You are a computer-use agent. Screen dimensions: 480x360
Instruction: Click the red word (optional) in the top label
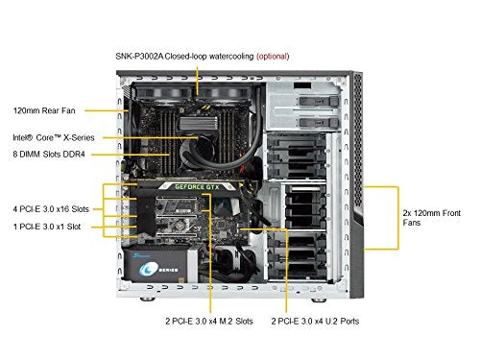273,57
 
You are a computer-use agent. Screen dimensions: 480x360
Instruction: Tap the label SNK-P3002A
139,57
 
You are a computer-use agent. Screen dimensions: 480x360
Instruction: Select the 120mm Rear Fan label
44,110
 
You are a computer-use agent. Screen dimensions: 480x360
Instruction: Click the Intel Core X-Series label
54,137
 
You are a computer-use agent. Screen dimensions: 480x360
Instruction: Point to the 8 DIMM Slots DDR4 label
49,155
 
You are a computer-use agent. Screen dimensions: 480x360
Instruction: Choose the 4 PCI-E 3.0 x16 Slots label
51,209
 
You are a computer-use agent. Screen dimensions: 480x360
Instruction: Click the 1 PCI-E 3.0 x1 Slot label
47,227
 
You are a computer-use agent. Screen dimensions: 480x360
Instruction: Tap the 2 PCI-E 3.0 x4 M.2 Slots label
209,321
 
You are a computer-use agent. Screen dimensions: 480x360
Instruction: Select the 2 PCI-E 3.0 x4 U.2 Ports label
315,321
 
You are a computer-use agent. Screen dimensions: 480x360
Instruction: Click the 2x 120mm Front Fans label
432,218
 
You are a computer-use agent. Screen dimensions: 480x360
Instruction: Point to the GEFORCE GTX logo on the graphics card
197,187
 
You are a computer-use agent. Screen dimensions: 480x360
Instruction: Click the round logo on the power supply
146,270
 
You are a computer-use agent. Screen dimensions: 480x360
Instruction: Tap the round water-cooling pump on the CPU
195,151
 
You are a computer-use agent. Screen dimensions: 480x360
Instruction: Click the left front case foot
148,300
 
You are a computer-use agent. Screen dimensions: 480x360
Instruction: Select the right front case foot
319,300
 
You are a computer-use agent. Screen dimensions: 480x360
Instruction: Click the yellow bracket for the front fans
398,218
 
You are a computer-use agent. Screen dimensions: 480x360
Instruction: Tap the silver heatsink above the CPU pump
199,123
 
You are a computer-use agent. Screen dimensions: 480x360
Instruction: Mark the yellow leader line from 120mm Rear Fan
107,110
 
